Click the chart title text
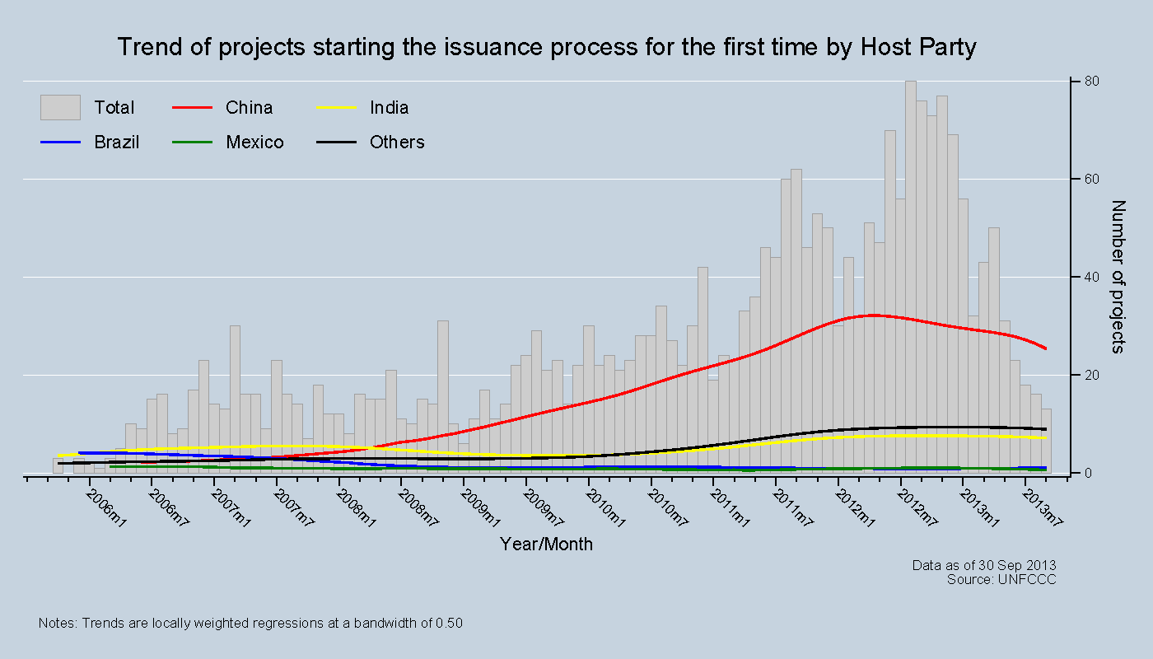tap(546, 47)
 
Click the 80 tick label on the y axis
tap(1089, 82)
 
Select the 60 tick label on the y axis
tap(1089, 180)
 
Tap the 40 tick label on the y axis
tap(1089, 278)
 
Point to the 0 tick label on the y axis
tap(1085, 473)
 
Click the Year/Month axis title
tap(546, 544)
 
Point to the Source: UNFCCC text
tap(1001, 580)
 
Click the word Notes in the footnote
tap(57, 624)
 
